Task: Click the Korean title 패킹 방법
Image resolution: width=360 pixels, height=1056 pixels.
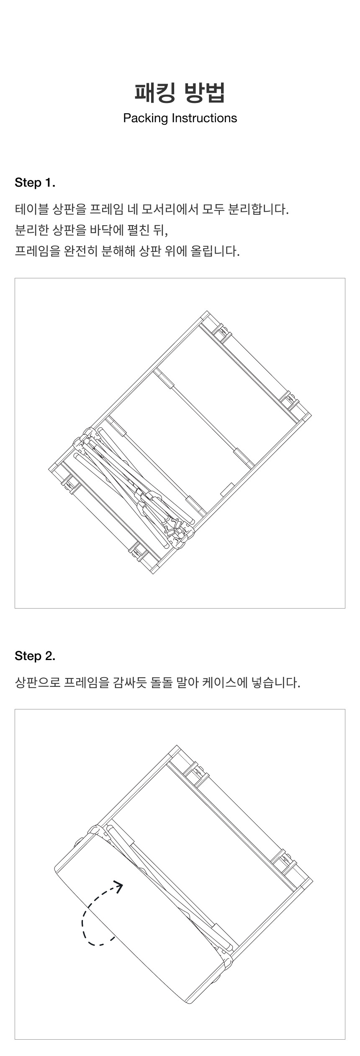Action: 180,92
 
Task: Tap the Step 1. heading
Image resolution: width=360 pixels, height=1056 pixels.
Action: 35,183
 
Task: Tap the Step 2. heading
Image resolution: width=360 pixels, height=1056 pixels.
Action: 35,656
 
